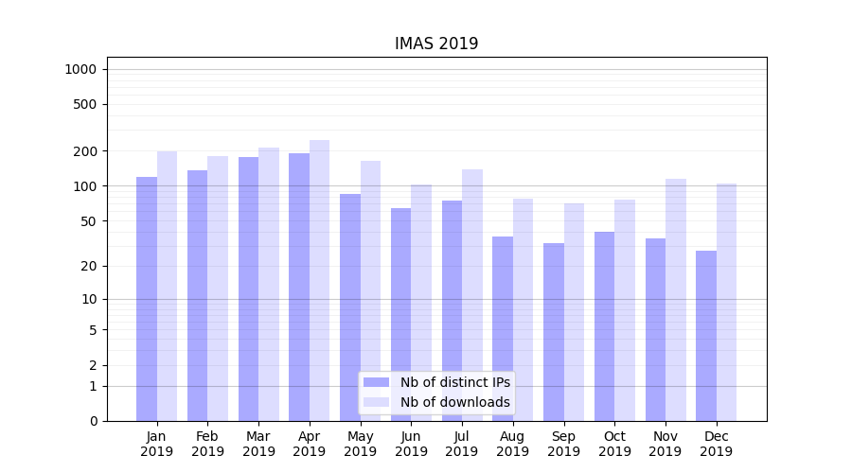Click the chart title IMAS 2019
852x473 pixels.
[436, 44]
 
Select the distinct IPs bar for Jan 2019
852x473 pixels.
[147, 299]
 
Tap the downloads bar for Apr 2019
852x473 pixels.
[320, 280]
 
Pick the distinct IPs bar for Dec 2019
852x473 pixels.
[706, 336]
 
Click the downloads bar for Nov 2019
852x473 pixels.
[676, 300]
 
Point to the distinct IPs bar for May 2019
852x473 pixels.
[350, 307]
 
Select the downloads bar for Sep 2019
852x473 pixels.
[574, 312]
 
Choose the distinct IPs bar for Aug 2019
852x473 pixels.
[503, 328]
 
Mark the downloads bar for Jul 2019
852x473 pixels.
[472, 295]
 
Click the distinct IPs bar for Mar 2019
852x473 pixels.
[248, 289]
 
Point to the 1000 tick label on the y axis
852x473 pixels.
[80, 69]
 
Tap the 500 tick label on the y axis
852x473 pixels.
[84, 104]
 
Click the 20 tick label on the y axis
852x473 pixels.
[88, 266]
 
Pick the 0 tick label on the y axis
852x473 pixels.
[93, 421]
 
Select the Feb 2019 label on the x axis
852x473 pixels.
[207, 444]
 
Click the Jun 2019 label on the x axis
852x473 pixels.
[411, 444]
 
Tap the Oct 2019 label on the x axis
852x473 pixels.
[614, 444]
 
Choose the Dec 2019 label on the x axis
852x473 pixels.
[717, 444]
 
